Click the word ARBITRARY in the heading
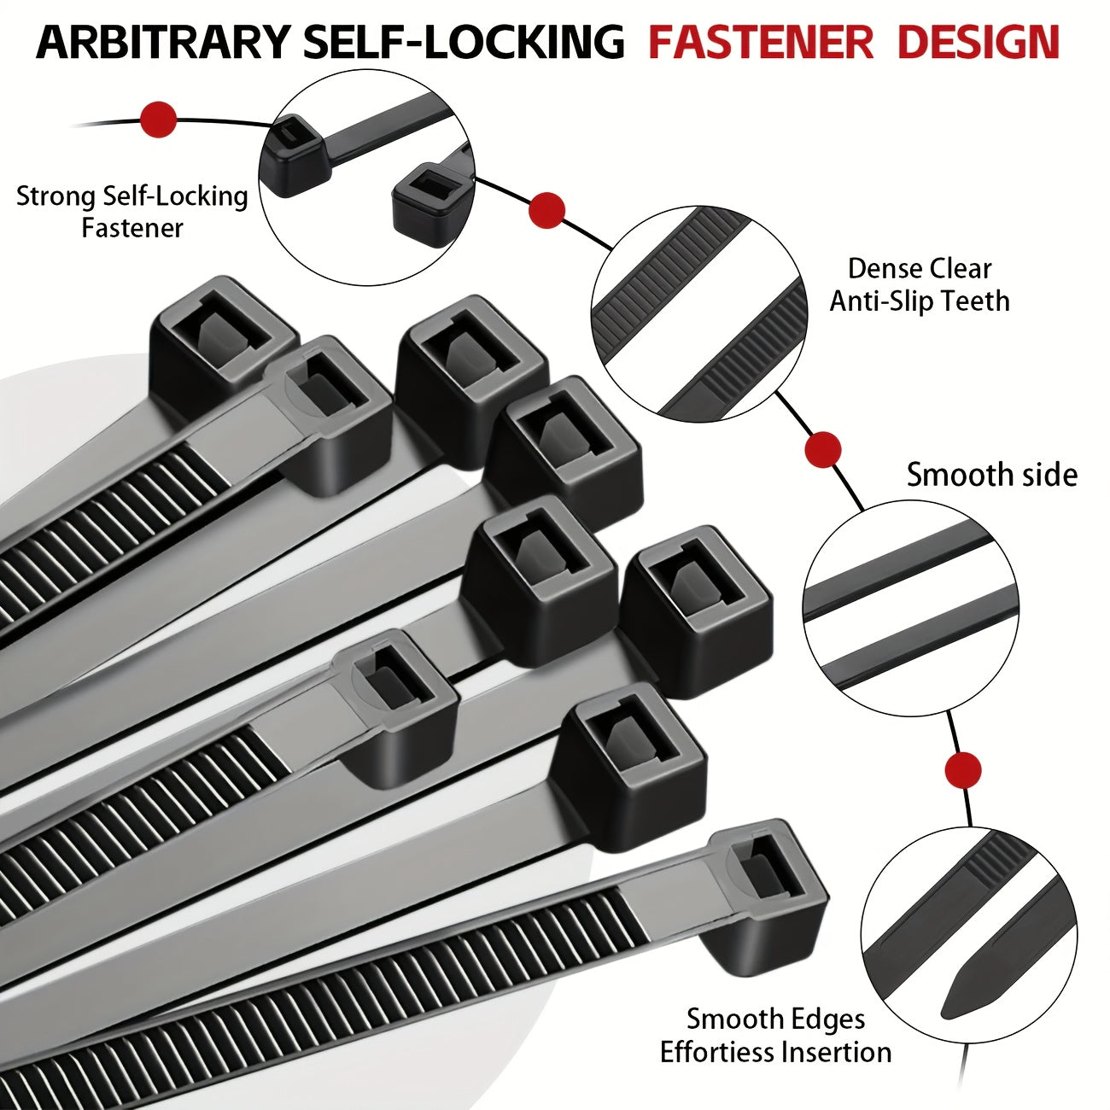[163, 42]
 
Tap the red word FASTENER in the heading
[761, 42]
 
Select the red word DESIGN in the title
[979, 42]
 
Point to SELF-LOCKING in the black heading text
[461, 42]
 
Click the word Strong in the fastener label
[56, 196]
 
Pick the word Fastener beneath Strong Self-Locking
[132, 228]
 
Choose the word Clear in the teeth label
[960, 269]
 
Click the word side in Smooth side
[1043, 475]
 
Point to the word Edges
[825, 1019]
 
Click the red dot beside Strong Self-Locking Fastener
[158, 120]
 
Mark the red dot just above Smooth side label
[823, 449]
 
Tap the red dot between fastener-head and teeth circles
[546, 210]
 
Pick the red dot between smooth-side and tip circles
[963, 770]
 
